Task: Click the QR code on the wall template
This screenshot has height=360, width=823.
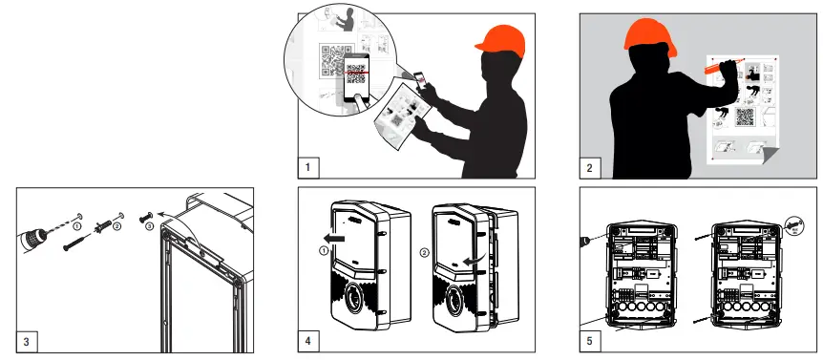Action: click(744, 116)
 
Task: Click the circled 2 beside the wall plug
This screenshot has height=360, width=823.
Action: click(116, 227)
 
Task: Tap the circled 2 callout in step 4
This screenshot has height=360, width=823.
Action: click(422, 252)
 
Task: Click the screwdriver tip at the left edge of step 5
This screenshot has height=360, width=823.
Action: click(585, 240)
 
